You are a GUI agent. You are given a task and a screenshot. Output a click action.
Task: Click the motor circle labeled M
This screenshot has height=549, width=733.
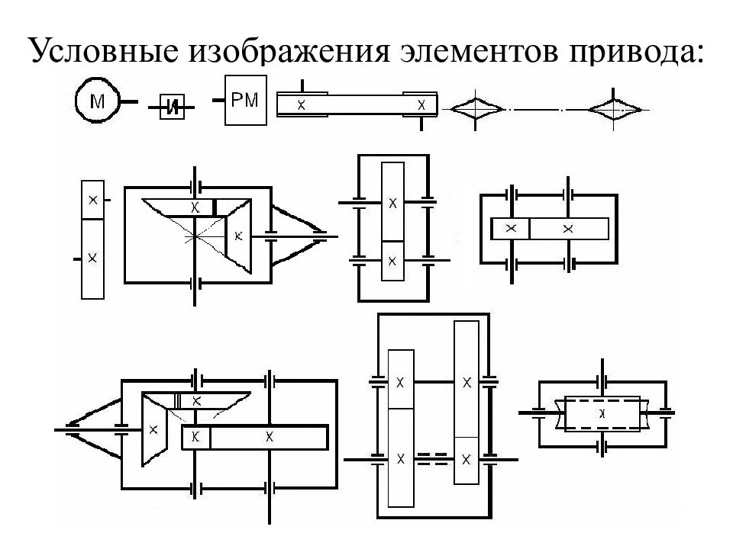pos(97,101)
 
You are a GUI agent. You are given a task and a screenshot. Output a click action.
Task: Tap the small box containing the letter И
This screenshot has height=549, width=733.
pos(172,107)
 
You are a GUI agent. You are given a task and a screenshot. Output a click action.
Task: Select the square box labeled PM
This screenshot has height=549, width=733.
pos(246,100)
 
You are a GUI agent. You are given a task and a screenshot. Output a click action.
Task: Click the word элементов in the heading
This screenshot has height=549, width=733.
pos(478,50)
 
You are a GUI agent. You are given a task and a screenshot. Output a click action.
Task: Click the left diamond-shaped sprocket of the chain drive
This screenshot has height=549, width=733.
pos(475,110)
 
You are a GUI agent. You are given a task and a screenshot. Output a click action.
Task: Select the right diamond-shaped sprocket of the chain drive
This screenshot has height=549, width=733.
pos(614,110)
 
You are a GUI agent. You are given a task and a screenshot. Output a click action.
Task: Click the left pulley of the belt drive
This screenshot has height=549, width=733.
pos(302,104)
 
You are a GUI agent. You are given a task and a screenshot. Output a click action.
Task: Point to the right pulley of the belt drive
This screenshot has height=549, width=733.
pos(421,104)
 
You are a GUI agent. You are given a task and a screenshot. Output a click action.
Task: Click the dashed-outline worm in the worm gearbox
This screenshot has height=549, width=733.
pos(602,413)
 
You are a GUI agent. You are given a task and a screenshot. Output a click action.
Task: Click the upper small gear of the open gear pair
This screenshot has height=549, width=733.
pos(92,200)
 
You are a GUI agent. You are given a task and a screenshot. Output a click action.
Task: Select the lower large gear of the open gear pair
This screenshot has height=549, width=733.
pos(92,258)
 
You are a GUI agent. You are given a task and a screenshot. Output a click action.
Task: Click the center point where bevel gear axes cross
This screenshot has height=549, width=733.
pos(195,236)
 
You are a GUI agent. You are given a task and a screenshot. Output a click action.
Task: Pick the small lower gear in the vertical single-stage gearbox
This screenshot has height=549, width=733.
pos(392,261)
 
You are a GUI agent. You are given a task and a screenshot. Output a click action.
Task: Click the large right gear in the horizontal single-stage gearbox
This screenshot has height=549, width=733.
pos(569,229)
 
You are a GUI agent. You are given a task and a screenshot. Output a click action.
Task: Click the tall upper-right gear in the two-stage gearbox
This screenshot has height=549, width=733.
pos(467,379)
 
